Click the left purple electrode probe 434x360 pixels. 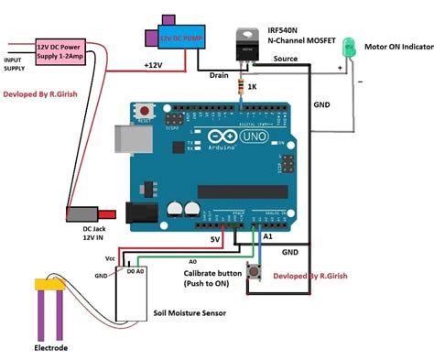(x=40, y=311)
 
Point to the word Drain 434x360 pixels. (x=219, y=75)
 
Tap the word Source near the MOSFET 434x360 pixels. (x=284, y=59)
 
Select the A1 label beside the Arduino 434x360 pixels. (x=266, y=236)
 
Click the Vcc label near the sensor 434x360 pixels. (x=111, y=258)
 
